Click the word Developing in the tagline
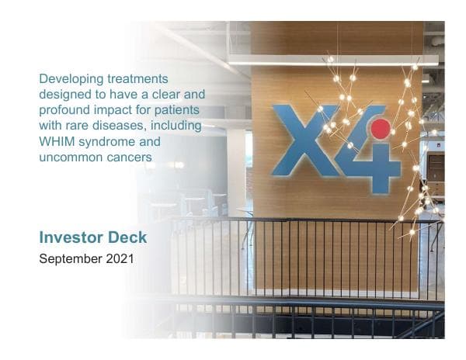point(69,79)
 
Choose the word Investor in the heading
point(75,237)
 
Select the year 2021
point(119,259)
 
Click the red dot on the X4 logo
point(380,129)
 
